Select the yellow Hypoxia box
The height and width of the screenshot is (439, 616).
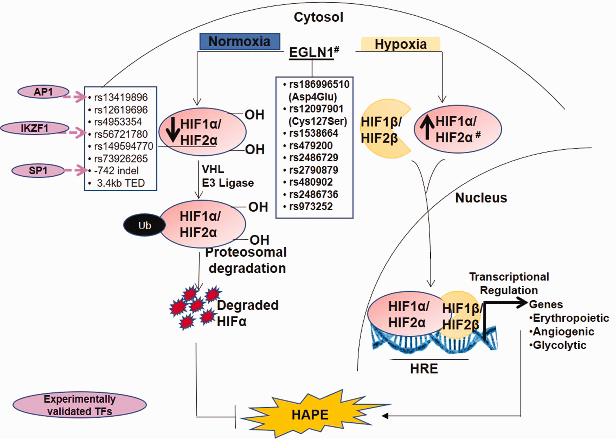tap(401, 44)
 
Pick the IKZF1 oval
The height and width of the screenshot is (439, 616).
tap(35, 128)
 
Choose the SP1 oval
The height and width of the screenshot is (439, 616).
tap(38, 171)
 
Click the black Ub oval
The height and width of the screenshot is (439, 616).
tap(144, 225)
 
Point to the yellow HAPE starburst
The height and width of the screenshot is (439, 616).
tap(311, 414)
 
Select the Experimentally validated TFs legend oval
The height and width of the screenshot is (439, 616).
tap(80, 405)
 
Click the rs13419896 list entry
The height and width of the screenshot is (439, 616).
tap(121, 97)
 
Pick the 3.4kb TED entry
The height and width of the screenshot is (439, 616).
tap(121, 183)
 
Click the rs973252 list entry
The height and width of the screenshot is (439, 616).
tap(311, 207)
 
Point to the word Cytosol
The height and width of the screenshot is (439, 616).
tap(318, 17)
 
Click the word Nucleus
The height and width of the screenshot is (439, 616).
tap(481, 198)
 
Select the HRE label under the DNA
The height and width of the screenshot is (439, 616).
tap(424, 369)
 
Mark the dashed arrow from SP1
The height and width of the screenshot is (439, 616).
tap(76, 170)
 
